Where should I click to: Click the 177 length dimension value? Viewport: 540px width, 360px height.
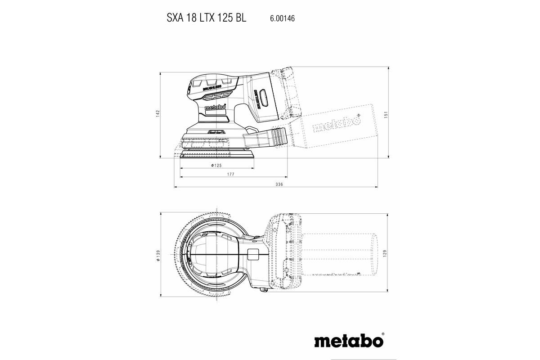tap(231, 174)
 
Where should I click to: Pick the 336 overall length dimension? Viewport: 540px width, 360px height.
tap(279, 185)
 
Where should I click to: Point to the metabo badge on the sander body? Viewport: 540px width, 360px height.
tap(215, 108)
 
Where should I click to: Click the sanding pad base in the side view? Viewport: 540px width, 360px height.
tap(216, 154)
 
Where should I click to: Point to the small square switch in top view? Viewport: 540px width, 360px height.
tap(253, 254)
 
